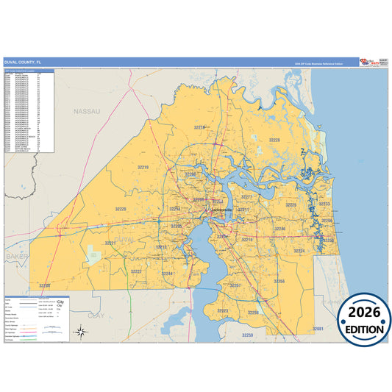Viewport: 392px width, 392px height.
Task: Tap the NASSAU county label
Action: pyautogui.click(x=86, y=110)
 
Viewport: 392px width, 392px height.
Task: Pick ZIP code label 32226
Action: pyautogui.click(x=274, y=139)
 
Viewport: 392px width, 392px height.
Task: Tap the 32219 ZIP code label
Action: pyautogui.click(x=143, y=168)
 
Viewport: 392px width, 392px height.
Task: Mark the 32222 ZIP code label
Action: pyautogui.click(x=136, y=271)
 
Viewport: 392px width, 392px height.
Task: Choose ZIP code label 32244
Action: pyautogui.click(x=167, y=274)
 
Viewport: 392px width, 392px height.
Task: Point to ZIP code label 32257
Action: pyautogui.click(x=235, y=285)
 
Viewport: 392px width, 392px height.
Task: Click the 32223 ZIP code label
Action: pyautogui.click(x=222, y=311)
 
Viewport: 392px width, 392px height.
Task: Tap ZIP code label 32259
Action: pyautogui.click(x=247, y=335)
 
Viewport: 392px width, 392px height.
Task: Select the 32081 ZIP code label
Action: pyautogui.click(x=317, y=328)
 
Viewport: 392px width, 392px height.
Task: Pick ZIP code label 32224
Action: pyautogui.click(x=299, y=251)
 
